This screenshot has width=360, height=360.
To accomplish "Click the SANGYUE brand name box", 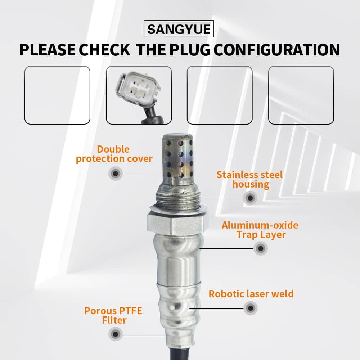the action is [x=179, y=29].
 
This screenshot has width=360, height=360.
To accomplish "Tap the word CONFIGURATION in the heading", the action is [x=277, y=50].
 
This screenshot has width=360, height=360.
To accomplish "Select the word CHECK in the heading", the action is [x=105, y=50].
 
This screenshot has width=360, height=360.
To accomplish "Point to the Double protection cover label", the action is [x=114, y=154].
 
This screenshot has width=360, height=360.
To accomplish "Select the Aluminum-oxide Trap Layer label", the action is [x=260, y=230].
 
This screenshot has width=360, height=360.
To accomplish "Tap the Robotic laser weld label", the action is [x=251, y=294].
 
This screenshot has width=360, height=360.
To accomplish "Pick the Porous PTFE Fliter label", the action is [x=113, y=315].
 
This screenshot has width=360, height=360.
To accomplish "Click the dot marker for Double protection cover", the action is [x=116, y=174].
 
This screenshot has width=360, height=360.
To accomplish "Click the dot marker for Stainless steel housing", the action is [x=250, y=198].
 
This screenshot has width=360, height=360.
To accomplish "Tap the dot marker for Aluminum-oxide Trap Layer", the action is [x=261, y=248].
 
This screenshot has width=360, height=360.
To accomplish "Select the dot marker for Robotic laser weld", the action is [x=251, y=308].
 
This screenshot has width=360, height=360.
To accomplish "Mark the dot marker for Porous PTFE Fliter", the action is [x=116, y=334].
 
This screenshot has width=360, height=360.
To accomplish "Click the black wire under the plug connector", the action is [x=152, y=115].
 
